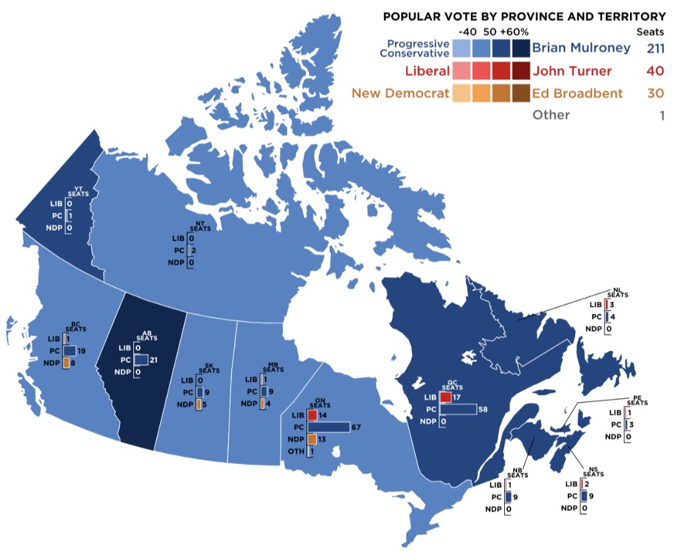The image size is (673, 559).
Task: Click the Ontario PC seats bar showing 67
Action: point(328,427)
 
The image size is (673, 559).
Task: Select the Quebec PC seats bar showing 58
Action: point(458,409)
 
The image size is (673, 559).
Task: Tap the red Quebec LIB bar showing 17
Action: point(446,397)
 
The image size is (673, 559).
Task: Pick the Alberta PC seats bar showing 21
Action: point(141,360)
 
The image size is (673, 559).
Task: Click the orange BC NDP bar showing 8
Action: point(66,363)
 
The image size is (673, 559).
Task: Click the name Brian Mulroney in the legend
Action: point(581,48)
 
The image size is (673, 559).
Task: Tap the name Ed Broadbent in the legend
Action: point(577,94)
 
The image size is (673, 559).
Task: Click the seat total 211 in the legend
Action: point(655,48)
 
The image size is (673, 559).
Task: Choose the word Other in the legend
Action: point(551,115)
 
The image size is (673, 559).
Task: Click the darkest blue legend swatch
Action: point(520,48)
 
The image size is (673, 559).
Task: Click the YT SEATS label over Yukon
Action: point(79,191)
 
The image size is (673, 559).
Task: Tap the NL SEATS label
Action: point(618,293)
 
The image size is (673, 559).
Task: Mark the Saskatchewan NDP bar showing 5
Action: point(199,404)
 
